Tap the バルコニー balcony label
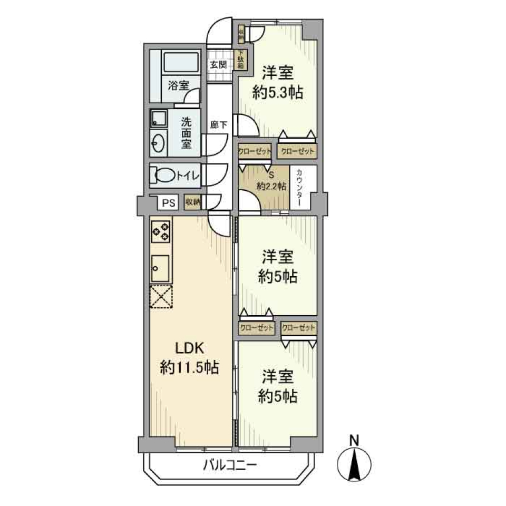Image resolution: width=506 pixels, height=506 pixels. (230, 465)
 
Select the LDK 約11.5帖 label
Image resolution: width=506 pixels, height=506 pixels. (189, 358)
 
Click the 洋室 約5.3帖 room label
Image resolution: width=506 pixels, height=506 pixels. (277, 83)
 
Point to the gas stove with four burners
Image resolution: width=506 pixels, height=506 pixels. (160, 230)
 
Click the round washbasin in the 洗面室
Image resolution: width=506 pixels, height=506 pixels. (158, 142)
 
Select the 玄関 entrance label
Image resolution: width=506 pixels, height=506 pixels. (218, 65)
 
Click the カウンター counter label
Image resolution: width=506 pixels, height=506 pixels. (299, 188)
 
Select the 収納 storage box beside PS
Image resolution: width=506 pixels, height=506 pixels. (193, 202)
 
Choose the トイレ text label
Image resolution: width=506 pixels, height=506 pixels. (188, 176)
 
